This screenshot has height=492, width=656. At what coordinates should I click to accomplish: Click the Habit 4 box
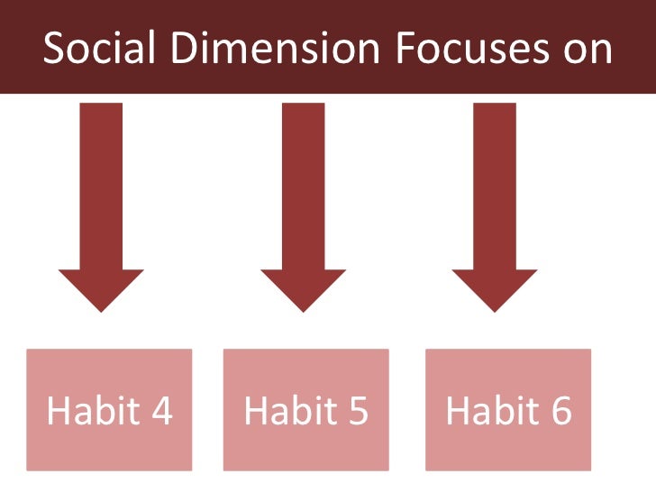[x=109, y=410]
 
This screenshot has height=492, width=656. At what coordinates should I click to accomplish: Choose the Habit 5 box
[x=306, y=410]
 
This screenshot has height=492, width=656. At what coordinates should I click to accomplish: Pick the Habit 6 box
[x=508, y=410]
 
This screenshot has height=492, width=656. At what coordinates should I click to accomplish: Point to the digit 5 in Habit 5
[x=358, y=411]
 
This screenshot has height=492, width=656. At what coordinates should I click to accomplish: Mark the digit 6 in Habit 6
[x=560, y=411]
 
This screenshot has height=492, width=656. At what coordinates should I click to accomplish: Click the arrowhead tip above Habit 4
[x=101, y=309]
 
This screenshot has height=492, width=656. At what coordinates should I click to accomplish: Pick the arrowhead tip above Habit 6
[x=495, y=309]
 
